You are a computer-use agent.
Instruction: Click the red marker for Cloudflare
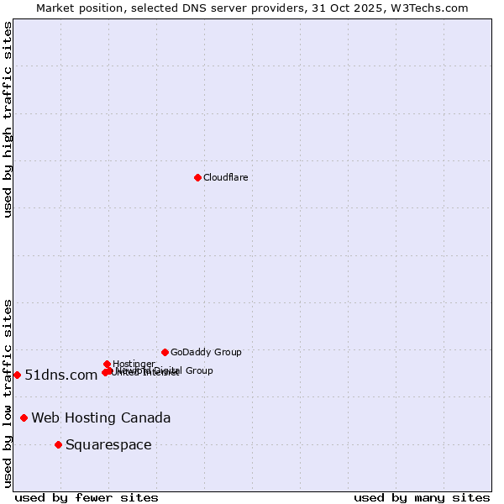[197, 177]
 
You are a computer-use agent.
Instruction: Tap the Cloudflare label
[225, 177]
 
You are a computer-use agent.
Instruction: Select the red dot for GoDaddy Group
[165, 352]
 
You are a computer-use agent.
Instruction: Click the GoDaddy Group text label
[206, 352]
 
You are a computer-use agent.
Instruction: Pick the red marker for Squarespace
[58, 444]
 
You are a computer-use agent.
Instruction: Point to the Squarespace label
[108, 444]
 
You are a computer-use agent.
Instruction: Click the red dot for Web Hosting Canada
[24, 417]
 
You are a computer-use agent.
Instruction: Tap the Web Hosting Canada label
[101, 417]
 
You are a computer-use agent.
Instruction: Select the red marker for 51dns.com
[17, 375]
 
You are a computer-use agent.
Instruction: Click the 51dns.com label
[61, 375]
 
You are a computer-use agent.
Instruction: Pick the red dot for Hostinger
[107, 364]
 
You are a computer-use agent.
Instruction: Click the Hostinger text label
[134, 364]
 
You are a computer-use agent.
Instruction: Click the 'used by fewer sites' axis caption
[87, 497]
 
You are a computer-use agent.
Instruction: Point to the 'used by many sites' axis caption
[422, 497]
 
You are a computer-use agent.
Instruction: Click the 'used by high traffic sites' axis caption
[8, 119]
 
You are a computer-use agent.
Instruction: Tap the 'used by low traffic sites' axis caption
[8, 392]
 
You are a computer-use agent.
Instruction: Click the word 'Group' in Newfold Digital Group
[199, 370]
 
